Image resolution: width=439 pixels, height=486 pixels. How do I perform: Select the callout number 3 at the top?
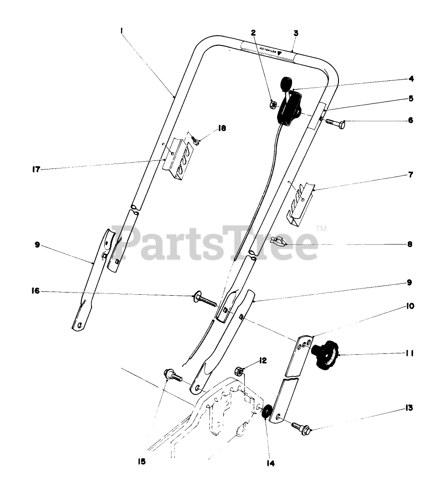click(296, 33)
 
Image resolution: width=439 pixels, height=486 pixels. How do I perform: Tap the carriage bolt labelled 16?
click(204, 300)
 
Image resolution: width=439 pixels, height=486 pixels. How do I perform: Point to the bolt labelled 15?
click(172, 375)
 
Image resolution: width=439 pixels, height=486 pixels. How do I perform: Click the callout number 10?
click(409, 307)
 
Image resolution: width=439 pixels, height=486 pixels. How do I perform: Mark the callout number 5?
click(410, 98)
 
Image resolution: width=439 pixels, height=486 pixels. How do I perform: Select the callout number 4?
click(410, 79)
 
